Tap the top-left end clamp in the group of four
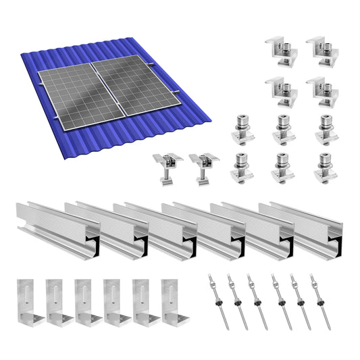coord(282,49)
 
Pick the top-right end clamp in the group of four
coord(322,49)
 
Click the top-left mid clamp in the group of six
coord(242,130)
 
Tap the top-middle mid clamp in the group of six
coord(284,130)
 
